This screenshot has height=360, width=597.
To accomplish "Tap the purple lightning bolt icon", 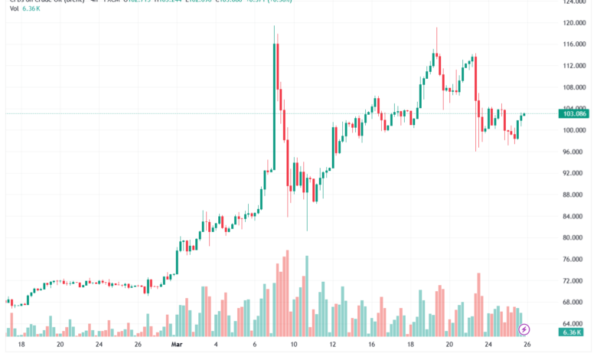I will (524, 330).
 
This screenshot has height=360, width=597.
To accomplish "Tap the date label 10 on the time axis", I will (294, 345).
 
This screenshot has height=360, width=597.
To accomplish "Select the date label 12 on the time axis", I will (333, 345).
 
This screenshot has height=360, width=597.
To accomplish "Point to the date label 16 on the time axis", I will (372, 345).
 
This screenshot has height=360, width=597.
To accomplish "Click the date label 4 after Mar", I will (216, 345).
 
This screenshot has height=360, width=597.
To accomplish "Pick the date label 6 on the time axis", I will (255, 345).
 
